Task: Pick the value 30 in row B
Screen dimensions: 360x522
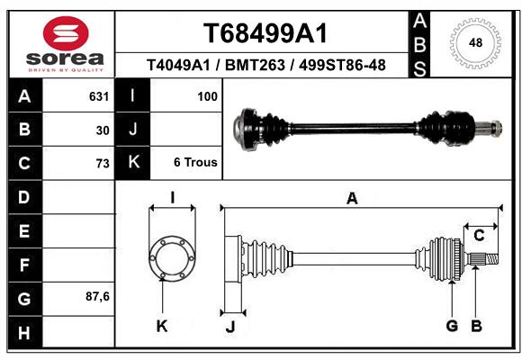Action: click(102, 130)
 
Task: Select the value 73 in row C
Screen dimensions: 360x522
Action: click(102, 164)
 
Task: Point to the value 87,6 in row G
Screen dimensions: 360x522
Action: click(97, 296)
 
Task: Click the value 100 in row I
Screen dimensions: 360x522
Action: click(206, 95)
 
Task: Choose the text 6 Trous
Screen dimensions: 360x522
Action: click(195, 163)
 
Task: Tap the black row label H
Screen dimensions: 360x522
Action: click(23, 334)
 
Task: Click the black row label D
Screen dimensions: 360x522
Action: click(23, 196)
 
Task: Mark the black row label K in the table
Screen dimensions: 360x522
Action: click(134, 163)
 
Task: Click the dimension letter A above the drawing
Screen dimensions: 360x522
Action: click(352, 199)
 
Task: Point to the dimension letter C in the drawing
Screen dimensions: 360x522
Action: click(480, 236)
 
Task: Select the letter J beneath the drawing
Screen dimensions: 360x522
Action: click(230, 327)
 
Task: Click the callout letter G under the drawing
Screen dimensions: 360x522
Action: click(452, 326)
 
